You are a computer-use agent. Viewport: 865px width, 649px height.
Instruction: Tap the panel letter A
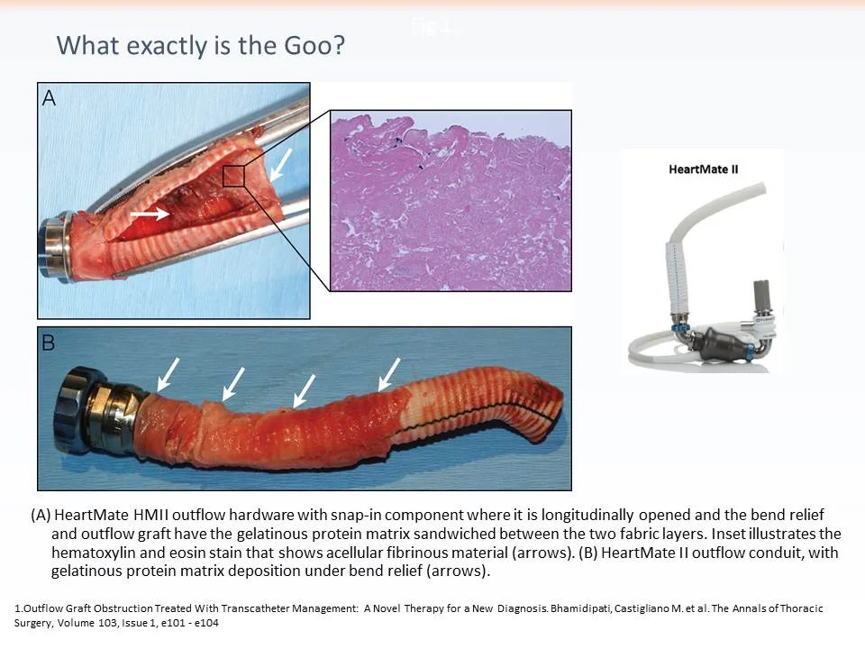(x=50, y=98)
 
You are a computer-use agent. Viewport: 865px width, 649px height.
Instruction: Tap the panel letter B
(x=50, y=343)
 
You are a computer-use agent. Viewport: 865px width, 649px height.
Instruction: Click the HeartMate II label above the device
(x=704, y=169)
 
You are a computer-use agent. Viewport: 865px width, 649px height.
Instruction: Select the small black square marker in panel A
(x=233, y=175)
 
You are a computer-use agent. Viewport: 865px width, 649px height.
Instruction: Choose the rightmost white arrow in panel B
(x=390, y=373)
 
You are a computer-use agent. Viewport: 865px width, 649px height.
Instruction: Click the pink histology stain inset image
(x=451, y=200)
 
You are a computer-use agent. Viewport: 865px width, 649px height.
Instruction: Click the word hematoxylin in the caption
(x=94, y=553)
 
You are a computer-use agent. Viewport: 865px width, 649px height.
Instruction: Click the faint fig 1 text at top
(x=434, y=27)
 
